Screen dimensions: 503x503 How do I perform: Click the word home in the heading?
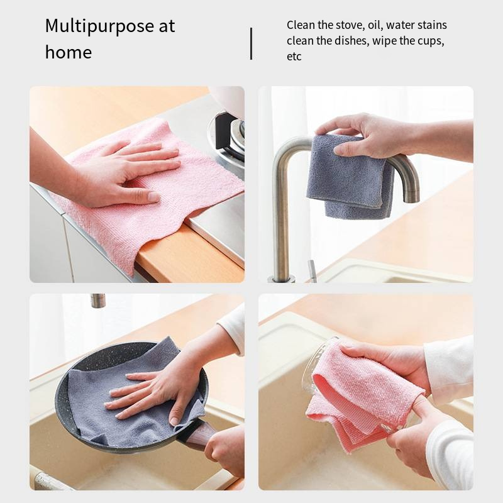[68, 52]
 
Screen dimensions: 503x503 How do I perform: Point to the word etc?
[294, 57]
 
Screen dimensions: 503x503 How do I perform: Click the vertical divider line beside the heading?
[251, 43]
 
